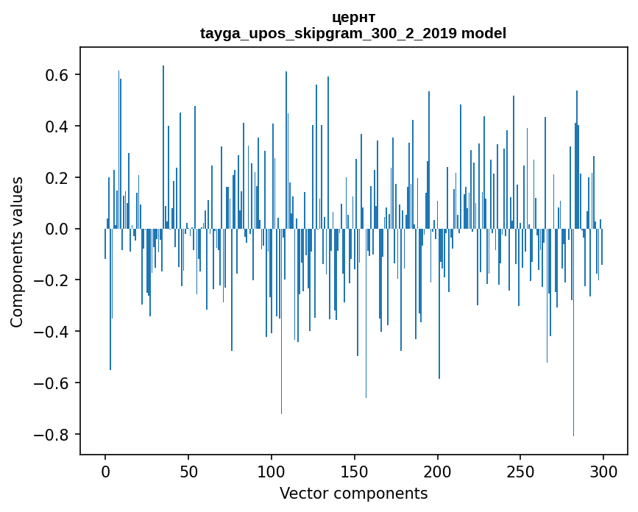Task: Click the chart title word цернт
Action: (x=353, y=17)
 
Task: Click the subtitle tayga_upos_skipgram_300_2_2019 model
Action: (x=353, y=33)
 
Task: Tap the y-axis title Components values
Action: (x=17, y=252)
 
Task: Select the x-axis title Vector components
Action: (x=353, y=493)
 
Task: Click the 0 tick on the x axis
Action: (x=105, y=471)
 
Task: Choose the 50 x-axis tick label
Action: (x=188, y=471)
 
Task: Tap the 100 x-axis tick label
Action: (x=272, y=471)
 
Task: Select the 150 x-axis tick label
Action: (x=355, y=471)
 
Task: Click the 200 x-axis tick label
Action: (x=438, y=471)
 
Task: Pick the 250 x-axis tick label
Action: (x=521, y=471)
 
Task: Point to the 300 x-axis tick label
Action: (x=604, y=471)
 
